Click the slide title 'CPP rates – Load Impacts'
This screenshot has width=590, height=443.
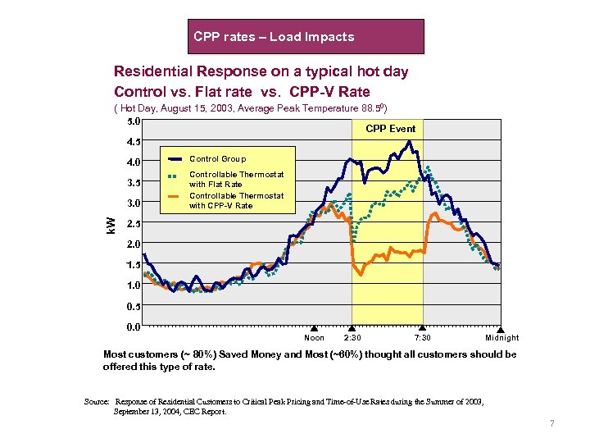tap(274, 37)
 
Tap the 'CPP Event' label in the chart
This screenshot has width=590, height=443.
tap(390, 129)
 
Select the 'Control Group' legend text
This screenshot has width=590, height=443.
tap(217, 159)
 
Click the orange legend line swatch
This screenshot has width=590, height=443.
tap(174, 197)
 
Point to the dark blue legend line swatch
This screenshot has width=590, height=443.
tap(174, 159)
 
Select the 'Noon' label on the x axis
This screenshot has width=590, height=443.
tap(314, 338)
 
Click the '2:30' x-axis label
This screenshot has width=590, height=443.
tap(352, 338)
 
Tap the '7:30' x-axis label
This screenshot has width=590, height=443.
tap(423, 338)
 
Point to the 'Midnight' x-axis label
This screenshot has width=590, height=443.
tap(501, 338)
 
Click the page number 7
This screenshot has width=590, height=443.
tap(552, 424)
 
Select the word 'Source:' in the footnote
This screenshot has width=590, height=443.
tap(98, 402)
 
